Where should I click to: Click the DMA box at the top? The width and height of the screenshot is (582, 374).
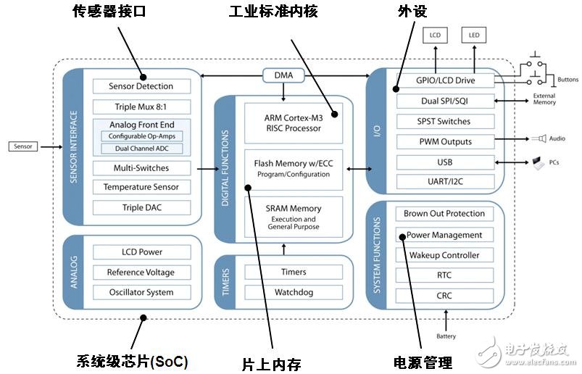(x=283, y=75)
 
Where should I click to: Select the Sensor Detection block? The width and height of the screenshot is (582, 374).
(x=141, y=86)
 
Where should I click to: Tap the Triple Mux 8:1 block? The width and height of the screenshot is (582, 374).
(x=141, y=107)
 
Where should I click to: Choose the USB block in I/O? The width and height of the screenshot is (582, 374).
(x=444, y=161)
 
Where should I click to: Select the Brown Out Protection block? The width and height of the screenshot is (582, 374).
(x=444, y=214)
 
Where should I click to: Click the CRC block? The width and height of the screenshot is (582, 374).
(x=444, y=296)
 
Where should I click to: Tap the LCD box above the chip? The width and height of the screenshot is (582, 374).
(x=435, y=35)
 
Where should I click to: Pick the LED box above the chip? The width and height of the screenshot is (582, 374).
(x=474, y=35)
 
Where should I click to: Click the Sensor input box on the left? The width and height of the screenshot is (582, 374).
(x=23, y=146)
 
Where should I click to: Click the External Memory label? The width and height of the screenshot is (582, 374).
(x=544, y=99)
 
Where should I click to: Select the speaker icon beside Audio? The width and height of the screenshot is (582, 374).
(x=541, y=138)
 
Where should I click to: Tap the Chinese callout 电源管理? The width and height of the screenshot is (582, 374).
(x=423, y=362)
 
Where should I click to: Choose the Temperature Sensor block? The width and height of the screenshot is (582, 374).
(x=141, y=187)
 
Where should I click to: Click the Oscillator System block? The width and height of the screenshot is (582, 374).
(x=141, y=292)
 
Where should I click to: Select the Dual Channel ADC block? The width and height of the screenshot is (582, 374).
(x=141, y=149)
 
